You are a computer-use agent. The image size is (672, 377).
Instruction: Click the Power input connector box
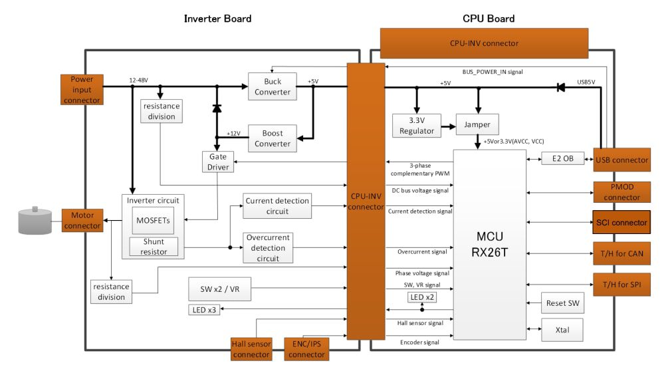click(82, 90)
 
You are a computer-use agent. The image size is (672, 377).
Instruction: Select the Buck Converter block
click(273, 86)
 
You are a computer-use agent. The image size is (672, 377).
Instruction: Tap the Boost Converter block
click(273, 138)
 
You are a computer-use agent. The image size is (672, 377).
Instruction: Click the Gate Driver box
click(218, 162)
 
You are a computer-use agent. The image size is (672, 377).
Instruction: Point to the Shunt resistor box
click(154, 247)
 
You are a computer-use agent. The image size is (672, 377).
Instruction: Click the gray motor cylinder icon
click(35, 221)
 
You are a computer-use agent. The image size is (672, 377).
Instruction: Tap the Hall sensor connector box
click(251, 348)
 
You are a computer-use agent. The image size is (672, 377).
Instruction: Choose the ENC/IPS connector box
click(307, 348)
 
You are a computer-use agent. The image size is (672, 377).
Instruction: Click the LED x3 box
click(203, 310)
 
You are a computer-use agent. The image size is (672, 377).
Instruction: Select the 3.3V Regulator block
click(417, 126)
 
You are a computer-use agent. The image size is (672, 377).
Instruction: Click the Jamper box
click(477, 125)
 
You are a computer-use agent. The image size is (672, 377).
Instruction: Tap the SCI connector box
click(621, 222)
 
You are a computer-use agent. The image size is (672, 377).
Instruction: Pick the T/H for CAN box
click(621, 253)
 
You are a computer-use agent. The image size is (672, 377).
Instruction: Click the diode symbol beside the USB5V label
click(561, 87)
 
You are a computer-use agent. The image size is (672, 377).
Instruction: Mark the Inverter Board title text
click(217, 19)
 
